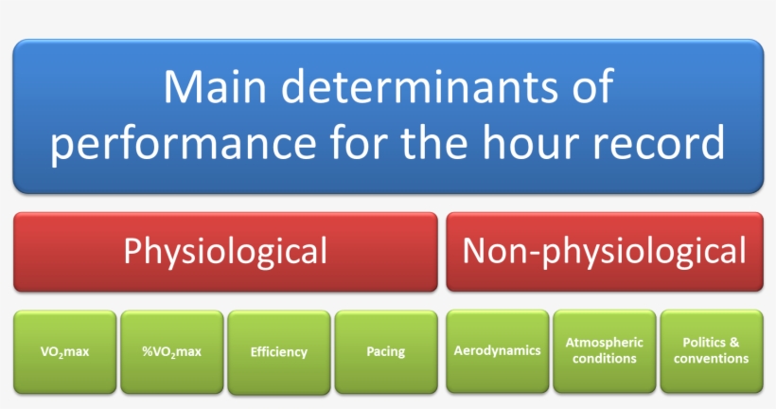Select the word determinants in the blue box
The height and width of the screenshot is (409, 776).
coord(415,88)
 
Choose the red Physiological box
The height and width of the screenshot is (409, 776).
coord(225,251)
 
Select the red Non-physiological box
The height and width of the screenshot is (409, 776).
coord(604,251)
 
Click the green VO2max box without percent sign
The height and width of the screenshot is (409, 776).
coord(65,351)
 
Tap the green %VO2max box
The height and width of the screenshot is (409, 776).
coord(172,351)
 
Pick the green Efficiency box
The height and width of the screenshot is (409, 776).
coord(279,352)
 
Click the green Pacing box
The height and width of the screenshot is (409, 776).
coord(385,351)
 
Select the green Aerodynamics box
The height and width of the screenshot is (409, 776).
coord(497,350)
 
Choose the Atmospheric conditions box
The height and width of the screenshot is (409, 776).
coord(604,350)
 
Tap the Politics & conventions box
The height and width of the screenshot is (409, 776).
coord(711,350)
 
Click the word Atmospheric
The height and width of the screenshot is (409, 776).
coord(604,342)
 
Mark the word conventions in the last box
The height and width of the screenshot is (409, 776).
coord(711,359)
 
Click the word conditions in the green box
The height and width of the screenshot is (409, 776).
coord(604,359)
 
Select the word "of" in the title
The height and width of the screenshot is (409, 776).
coord(591,88)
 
